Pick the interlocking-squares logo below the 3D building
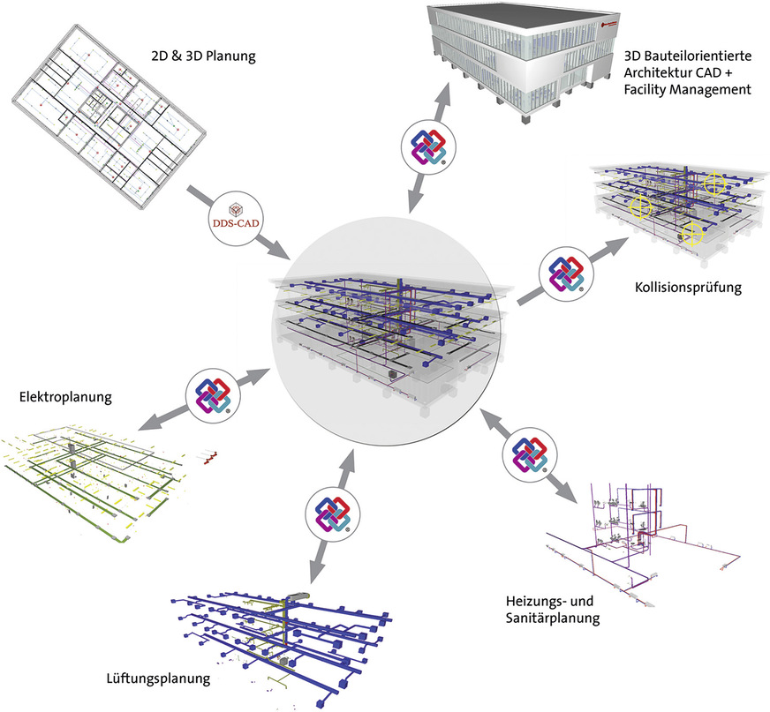point(427,146)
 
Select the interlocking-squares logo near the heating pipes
point(528,455)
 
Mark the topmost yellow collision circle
point(714,184)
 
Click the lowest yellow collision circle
point(693,233)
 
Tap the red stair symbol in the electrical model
point(211,457)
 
